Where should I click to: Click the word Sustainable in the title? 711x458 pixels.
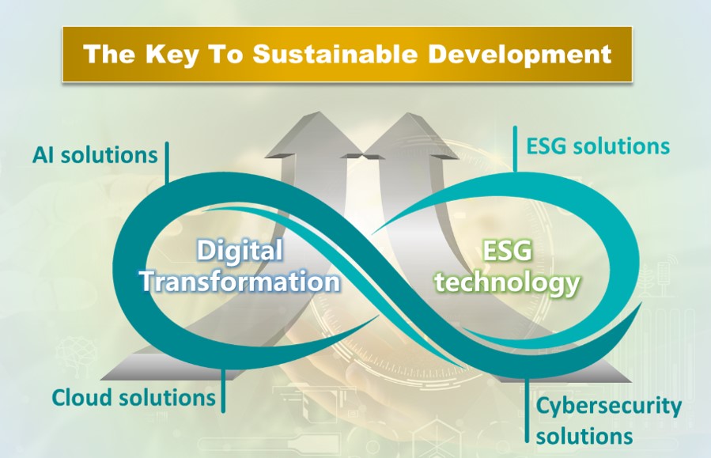point(335,54)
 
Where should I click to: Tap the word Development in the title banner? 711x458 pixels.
point(520,55)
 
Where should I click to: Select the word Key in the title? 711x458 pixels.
point(172,55)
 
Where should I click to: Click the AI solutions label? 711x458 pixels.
point(95,155)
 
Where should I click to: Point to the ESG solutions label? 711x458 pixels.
point(598,146)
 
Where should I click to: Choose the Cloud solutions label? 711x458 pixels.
point(134,398)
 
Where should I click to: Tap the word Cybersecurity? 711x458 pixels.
point(608,407)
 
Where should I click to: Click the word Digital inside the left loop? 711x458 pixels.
point(240,250)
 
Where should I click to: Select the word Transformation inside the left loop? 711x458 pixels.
point(240,281)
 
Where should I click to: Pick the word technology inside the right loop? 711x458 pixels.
point(508,283)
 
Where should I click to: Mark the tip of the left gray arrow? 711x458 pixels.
point(318,112)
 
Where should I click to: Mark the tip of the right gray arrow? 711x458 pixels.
point(408,113)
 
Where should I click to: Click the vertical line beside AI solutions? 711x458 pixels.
point(168,162)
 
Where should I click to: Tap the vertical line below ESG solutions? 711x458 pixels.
point(515,149)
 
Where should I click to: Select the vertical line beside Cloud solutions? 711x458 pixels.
point(223,389)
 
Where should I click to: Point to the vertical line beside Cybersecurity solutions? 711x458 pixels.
point(527,410)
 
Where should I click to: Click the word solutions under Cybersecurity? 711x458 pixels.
point(584,437)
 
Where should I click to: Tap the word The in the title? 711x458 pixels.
point(109,54)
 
